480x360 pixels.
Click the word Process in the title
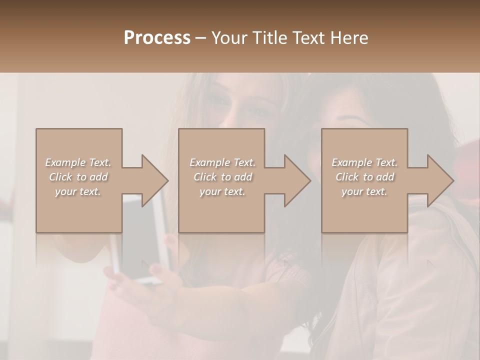click(x=157, y=37)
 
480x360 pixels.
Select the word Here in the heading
click(x=350, y=37)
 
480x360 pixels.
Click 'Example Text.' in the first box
click(x=78, y=162)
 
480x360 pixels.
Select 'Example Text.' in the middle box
click(x=222, y=162)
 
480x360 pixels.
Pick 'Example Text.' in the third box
click(x=364, y=162)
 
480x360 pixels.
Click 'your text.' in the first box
click(x=78, y=191)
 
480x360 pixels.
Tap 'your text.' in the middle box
click(x=222, y=191)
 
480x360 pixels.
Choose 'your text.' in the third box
click(x=364, y=191)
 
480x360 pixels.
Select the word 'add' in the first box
click(x=98, y=177)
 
